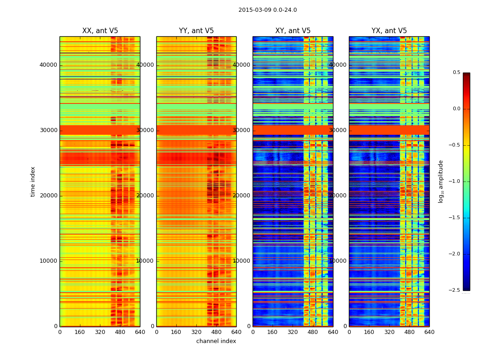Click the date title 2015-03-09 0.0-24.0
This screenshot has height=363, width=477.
(268, 10)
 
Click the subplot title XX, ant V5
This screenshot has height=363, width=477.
(100, 31)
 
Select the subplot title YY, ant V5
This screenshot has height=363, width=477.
(196, 31)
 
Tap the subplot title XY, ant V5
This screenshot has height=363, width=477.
(293, 31)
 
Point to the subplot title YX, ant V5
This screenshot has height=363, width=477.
(389, 31)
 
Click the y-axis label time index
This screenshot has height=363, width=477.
(33, 181)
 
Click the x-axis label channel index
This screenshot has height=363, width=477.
(216, 341)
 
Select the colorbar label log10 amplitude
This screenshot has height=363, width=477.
(441, 181)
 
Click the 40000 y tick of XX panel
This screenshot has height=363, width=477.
(48, 65)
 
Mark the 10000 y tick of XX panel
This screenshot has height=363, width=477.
(48, 261)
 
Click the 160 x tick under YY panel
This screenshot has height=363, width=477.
(176, 332)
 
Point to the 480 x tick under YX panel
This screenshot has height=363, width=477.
(409, 332)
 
